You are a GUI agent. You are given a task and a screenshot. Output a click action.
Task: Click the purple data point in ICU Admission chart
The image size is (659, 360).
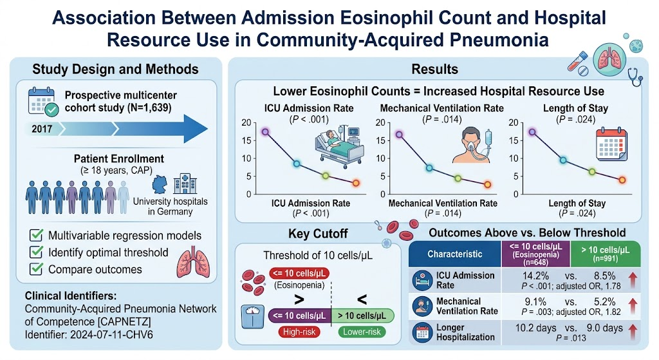(265, 131)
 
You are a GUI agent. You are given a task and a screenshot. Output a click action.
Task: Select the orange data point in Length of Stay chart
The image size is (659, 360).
(622, 180)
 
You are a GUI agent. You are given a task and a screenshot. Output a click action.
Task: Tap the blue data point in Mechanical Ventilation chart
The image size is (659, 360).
(429, 168)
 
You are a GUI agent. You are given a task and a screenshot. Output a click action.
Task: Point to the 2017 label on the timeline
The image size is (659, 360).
(42, 129)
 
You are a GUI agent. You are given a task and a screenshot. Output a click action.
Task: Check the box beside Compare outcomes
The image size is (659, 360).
(36, 269)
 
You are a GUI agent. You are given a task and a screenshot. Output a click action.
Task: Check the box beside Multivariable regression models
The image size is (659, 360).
(36, 235)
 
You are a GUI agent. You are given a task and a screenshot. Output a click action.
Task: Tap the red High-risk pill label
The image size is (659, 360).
(299, 332)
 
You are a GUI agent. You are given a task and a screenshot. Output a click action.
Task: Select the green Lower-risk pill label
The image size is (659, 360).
(362, 332)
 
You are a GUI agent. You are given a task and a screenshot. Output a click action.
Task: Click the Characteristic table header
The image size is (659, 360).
(455, 254)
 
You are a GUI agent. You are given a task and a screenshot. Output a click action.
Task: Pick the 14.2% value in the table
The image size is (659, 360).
(535, 276)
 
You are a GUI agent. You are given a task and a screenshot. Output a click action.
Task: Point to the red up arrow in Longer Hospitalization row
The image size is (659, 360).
(633, 331)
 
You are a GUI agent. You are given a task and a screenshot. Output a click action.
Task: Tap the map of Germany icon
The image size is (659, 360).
(160, 185)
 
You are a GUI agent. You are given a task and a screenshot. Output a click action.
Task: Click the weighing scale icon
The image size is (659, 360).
(252, 316)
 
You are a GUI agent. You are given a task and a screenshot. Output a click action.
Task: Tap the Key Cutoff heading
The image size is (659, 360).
(318, 234)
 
